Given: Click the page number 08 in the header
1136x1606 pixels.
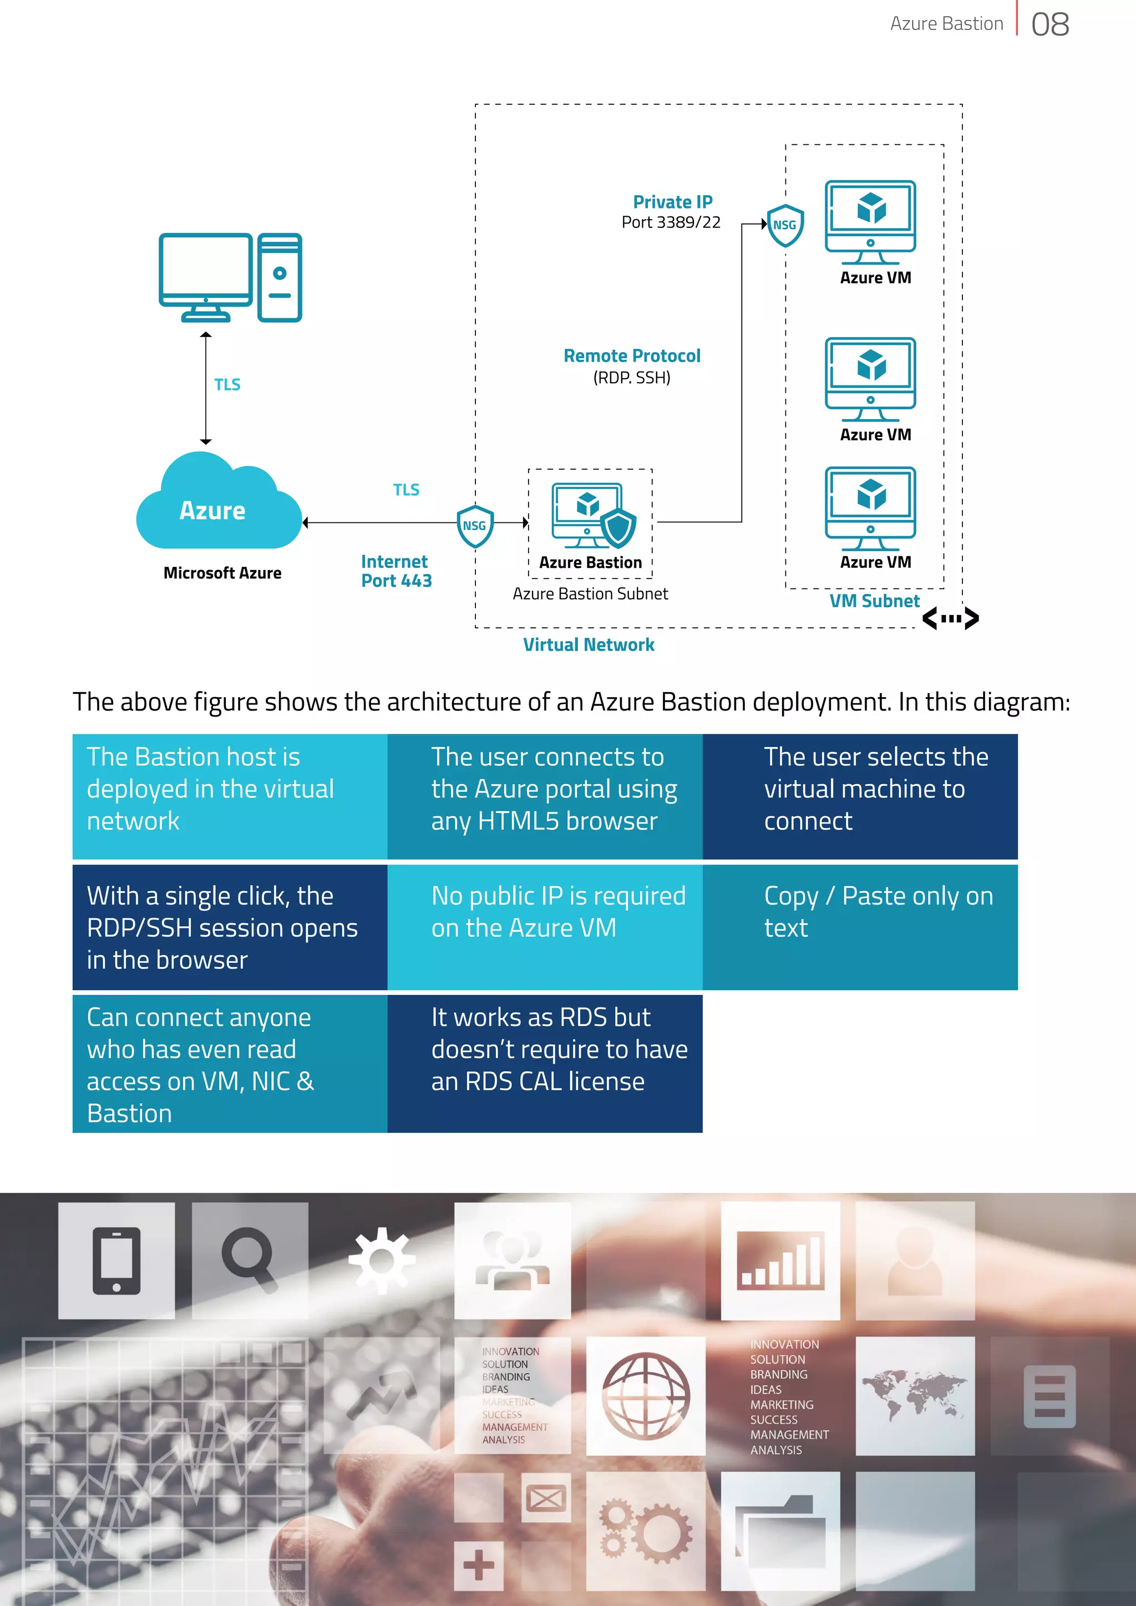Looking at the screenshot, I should pyautogui.click(x=1049, y=24).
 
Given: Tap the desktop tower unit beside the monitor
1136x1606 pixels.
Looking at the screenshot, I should pyautogui.click(x=280, y=278).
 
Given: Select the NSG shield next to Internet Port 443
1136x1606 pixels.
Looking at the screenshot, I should pyautogui.click(x=475, y=526).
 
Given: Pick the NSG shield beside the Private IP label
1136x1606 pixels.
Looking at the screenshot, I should pyautogui.click(x=785, y=225).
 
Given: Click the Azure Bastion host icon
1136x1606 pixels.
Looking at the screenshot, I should pyautogui.click(x=592, y=516).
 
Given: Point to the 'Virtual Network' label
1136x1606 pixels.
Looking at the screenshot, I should pyautogui.click(x=589, y=645).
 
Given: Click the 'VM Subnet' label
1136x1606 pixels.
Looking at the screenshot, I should pyautogui.click(x=874, y=601).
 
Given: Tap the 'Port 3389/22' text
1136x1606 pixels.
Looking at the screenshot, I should pyautogui.click(x=671, y=222).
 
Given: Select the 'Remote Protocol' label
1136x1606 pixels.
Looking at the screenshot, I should pyautogui.click(x=632, y=356).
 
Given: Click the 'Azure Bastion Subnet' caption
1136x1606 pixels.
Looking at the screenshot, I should pyautogui.click(x=590, y=594).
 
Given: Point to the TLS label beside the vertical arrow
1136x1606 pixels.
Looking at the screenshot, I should pyautogui.click(x=227, y=385).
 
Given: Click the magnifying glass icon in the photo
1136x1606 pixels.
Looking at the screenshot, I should pyautogui.click(x=249, y=1261).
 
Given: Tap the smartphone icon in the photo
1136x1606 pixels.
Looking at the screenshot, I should pyautogui.click(x=116, y=1261).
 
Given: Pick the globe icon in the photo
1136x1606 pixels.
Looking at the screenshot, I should pyautogui.click(x=646, y=1396).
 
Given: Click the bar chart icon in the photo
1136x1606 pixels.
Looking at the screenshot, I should pyautogui.click(x=780, y=1261).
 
